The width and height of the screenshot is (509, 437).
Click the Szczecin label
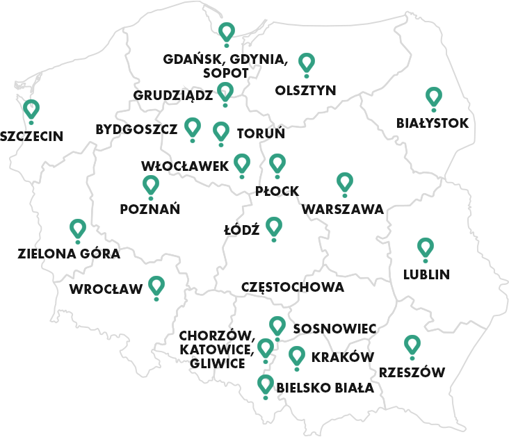(32, 136)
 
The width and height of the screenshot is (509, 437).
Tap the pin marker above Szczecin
(31, 109)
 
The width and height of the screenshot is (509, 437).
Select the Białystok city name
(433, 124)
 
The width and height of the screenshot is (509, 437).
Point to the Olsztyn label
(305, 90)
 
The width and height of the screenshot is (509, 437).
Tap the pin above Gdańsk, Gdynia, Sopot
(226, 32)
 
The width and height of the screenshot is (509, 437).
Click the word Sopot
(226, 72)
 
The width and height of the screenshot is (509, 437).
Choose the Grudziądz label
(173, 95)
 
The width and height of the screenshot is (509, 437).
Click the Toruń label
(261, 133)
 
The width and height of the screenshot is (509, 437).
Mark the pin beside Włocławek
(241, 163)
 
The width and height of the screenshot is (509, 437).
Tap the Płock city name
(277, 190)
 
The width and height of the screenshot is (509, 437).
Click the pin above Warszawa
(344, 182)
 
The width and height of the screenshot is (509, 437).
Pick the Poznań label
(150, 208)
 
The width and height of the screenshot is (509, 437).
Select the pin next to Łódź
(274, 226)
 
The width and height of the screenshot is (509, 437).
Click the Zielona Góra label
(69, 254)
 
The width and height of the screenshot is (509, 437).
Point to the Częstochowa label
(292, 287)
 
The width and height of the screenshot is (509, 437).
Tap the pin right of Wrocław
(156, 286)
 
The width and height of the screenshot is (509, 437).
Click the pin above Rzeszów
(412, 345)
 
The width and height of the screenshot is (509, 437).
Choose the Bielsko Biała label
(325, 388)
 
